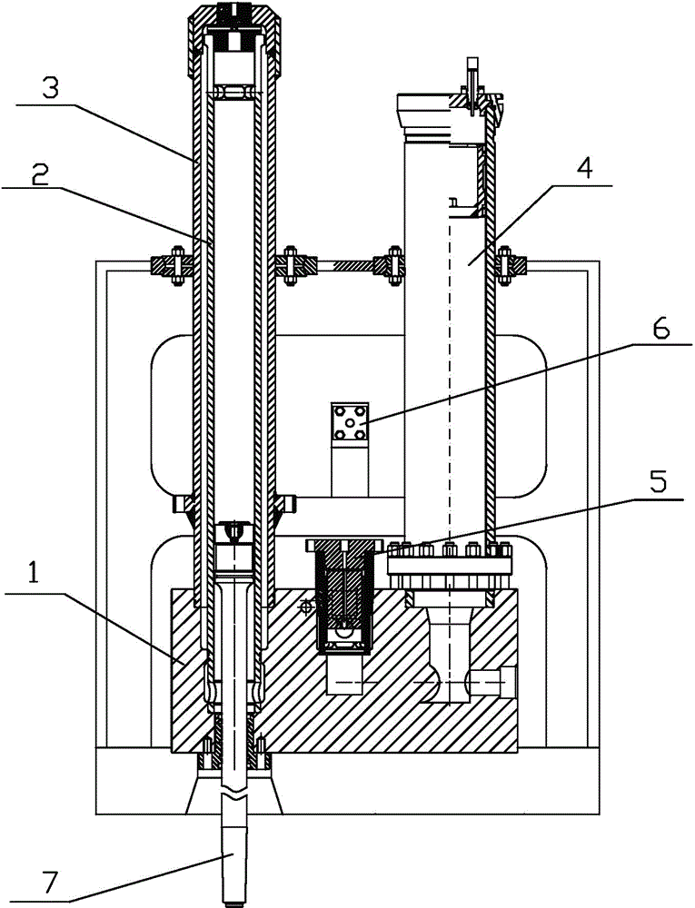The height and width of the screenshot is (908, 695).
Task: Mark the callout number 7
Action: coord(49,883)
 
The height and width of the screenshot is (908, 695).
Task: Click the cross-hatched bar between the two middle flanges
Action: coord(354,264)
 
